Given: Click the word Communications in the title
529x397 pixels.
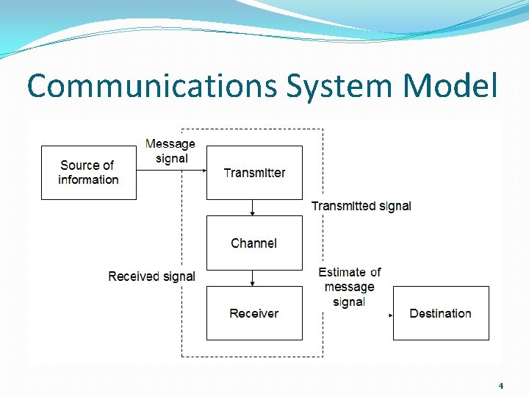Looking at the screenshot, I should pos(153,86).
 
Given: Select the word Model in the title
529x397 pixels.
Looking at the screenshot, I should pos(450,86).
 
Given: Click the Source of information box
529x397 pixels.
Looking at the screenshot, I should pos(88,173).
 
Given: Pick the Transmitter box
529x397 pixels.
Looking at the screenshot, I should pos(254,173).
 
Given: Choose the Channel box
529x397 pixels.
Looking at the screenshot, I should pos(254,243).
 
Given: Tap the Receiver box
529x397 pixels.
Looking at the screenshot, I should pos(254,313).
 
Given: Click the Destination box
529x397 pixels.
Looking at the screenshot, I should pos(441,313).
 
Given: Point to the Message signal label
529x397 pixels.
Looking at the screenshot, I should pos(170,151).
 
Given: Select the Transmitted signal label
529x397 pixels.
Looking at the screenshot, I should pos(361,206).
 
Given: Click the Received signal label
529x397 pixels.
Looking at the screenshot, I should pos(151,276).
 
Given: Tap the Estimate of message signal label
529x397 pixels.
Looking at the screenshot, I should pos(350,287).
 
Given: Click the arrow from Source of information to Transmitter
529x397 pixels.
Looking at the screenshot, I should pos(170,170).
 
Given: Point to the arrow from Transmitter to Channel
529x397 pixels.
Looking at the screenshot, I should pos(253,207).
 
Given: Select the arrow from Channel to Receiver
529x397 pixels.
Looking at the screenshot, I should pos(253,278).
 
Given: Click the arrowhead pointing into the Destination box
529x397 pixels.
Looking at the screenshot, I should pos(390,315).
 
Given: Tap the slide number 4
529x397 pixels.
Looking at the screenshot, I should pos(500,385).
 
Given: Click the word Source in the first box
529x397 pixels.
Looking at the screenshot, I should pos(76,165).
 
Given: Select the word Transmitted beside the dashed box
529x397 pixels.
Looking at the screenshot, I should pos(343,206).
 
